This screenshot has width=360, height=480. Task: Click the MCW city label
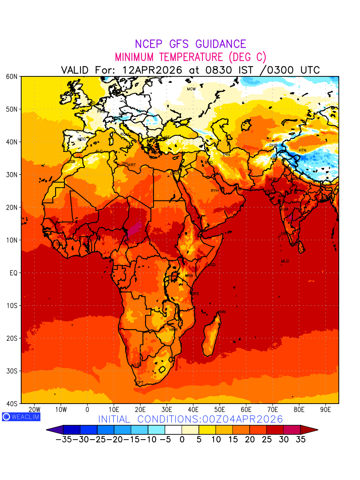191,89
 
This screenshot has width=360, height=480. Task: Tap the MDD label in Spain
82,139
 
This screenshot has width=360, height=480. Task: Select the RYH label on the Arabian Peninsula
215,191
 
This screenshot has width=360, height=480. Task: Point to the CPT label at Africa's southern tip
140,383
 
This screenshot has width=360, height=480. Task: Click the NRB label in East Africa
189,276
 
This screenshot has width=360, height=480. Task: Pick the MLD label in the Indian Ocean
285,261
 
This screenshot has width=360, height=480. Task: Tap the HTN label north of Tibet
302,150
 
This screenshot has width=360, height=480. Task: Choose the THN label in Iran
226,154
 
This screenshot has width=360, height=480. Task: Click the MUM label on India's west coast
284,209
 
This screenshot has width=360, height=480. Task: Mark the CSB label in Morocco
71,162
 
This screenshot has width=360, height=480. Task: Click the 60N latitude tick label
12,76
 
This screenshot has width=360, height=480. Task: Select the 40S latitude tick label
12,404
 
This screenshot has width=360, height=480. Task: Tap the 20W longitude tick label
34,410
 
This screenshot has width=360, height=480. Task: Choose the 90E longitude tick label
326,410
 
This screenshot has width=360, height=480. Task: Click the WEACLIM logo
21,417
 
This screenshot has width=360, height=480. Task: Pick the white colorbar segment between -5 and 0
173,430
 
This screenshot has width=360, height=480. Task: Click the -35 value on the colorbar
64,439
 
